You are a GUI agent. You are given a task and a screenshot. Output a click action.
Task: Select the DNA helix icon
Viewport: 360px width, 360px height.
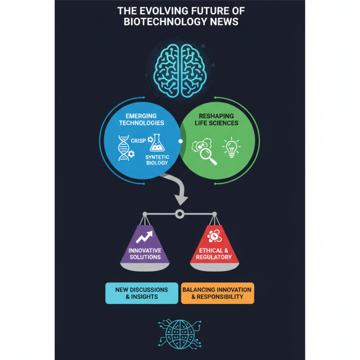coord(123,148)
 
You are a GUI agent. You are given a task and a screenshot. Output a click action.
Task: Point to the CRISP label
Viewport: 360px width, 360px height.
coord(138,141)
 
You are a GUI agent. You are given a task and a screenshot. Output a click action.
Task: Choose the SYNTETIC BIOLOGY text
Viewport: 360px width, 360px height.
coord(157,160)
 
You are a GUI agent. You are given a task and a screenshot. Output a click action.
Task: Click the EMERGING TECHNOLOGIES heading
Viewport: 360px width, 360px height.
coord(142,119)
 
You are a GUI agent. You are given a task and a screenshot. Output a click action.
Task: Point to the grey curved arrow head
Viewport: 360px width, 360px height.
coord(181,198)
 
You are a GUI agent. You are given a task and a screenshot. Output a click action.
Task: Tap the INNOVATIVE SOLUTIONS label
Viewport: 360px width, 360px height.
coord(145,254)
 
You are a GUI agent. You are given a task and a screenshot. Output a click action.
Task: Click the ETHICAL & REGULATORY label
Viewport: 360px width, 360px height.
coord(215,254)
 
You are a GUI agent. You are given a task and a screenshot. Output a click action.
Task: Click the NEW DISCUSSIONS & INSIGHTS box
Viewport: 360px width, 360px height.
coord(141,293)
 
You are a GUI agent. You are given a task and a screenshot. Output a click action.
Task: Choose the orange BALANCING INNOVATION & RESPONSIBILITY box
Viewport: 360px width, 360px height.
coord(217,293)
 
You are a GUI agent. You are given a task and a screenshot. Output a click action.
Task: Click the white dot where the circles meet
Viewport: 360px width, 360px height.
coord(180,141)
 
